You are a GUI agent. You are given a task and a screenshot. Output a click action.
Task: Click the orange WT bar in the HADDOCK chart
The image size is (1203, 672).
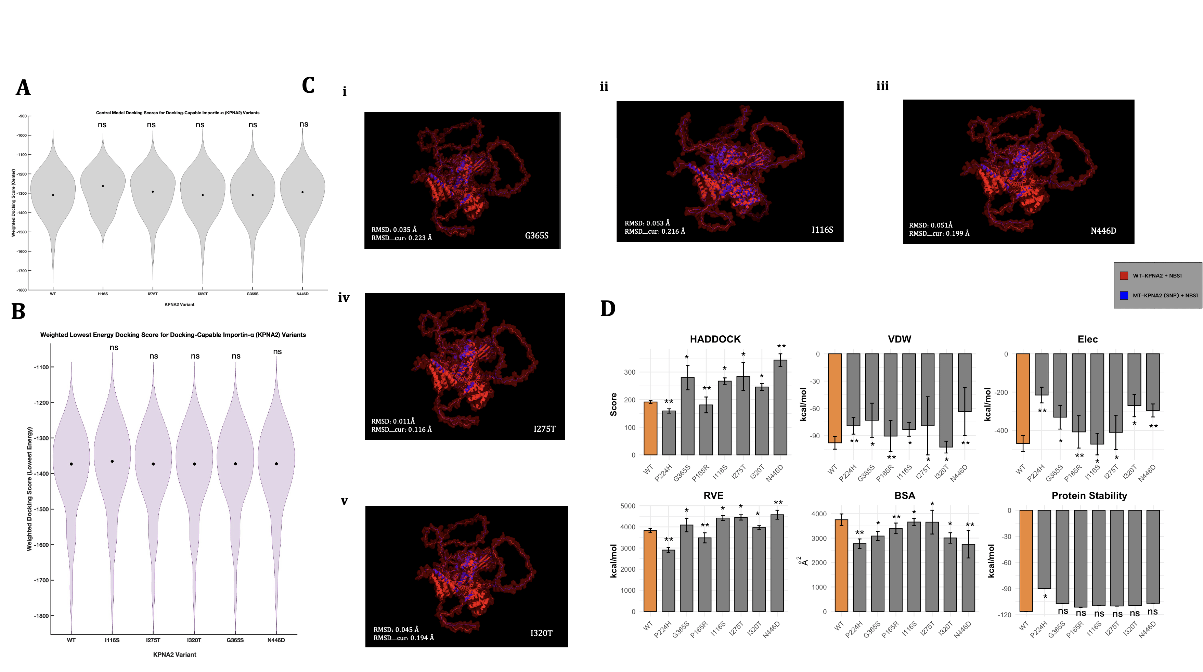650,428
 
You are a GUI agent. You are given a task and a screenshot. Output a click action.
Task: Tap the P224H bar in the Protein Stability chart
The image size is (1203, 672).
1044,549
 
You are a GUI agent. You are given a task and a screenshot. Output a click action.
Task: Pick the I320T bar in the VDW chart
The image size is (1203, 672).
946,400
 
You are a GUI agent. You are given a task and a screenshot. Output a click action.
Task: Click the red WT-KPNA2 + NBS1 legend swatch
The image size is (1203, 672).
1124,275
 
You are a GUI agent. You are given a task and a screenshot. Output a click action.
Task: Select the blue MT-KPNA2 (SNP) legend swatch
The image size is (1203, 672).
1124,295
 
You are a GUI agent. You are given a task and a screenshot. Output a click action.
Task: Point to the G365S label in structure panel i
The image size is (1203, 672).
536,236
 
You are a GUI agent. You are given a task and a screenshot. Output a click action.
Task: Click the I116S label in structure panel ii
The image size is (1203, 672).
822,230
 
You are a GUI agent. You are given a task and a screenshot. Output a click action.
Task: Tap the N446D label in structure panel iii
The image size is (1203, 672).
1103,231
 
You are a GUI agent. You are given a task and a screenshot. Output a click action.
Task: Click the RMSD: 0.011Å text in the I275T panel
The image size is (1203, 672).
393,421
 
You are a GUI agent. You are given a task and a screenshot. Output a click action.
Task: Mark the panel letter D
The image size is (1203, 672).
608,309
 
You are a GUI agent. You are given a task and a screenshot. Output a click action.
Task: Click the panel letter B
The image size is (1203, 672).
18,311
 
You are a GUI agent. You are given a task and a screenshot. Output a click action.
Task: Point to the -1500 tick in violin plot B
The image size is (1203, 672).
41,509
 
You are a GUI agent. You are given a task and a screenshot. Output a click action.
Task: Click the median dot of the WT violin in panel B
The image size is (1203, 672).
71,464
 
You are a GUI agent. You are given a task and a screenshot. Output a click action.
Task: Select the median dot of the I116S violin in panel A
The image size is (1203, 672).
103,186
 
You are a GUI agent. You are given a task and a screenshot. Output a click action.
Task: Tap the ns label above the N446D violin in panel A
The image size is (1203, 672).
303,124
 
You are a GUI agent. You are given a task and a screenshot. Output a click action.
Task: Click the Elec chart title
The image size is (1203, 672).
1087,339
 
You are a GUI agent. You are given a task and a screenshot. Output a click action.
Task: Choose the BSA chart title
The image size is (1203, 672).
904,495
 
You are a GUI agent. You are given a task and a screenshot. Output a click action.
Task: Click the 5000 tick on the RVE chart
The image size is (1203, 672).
627,506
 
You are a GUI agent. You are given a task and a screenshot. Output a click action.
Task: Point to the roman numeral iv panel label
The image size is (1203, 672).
344,297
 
